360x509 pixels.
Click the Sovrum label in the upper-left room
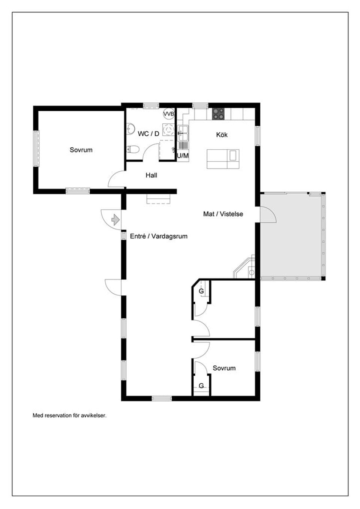(81, 150)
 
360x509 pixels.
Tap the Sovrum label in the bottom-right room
(224, 368)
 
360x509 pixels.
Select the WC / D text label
(148, 134)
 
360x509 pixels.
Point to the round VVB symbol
(169, 114)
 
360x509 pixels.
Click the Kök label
(222, 135)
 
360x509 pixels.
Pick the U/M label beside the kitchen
(183, 156)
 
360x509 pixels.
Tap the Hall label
(151, 175)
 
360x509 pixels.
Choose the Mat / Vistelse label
(223, 214)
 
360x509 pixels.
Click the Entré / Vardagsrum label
(159, 236)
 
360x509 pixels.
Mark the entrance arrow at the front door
(115, 219)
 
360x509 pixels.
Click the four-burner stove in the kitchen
(218, 114)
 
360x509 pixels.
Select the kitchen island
(223, 159)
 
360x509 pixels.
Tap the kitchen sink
(183, 131)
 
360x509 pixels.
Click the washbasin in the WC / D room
(130, 129)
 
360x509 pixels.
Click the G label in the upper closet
(201, 291)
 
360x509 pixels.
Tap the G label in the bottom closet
(201, 386)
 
